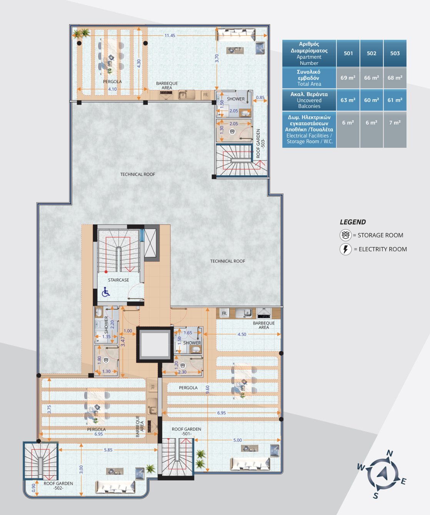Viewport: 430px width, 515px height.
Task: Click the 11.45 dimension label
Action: pos(170,35)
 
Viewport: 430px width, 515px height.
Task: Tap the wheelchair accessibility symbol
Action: pos(106,292)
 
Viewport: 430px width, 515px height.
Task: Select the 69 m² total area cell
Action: pos(348,78)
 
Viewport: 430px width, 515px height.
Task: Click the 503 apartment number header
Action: pos(395,53)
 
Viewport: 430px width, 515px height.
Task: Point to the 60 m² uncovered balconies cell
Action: pos(372,100)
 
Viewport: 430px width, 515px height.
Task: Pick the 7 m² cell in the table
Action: pos(395,123)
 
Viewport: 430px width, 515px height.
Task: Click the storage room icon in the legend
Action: pos(345,235)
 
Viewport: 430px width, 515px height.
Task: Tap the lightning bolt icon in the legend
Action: pos(346,249)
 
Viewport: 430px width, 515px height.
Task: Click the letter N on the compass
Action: pos(390,453)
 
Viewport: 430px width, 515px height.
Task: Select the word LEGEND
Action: pos(353,222)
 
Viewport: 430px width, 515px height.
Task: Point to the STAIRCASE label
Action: pos(118,280)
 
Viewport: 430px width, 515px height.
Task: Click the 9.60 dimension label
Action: pos(208,389)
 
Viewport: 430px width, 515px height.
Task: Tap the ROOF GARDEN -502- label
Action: pos(58,486)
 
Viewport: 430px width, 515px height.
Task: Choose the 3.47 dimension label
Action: pos(123,342)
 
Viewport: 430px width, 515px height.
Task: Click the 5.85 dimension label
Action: pos(108,450)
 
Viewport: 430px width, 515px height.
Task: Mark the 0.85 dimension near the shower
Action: pos(260,97)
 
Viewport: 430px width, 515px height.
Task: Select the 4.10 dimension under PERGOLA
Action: pos(112,89)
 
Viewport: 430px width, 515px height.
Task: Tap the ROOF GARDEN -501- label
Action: pos(187,431)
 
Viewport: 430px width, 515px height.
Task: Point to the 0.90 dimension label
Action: pos(34,487)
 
